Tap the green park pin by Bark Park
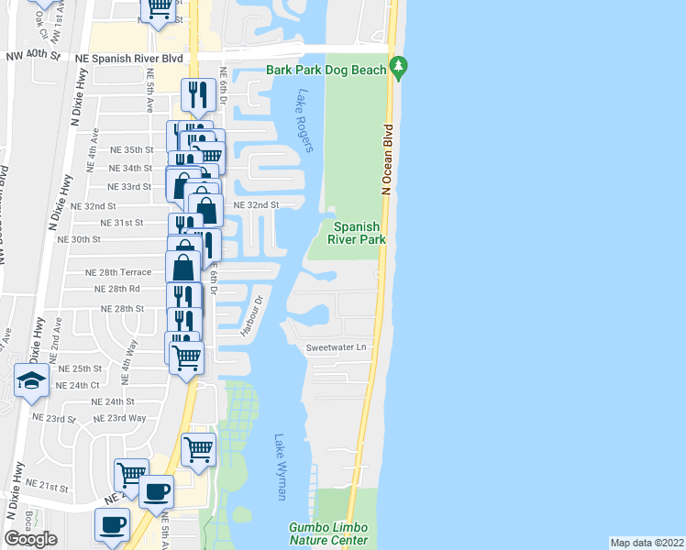[399, 68]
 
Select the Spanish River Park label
[356, 233]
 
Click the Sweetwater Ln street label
[336, 347]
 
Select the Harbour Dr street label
[252, 315]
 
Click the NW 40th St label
[32, 57]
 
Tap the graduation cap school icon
[32, 382]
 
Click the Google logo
[31, 538]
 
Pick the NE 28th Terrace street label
[118, 272]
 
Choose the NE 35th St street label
[131, 149]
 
